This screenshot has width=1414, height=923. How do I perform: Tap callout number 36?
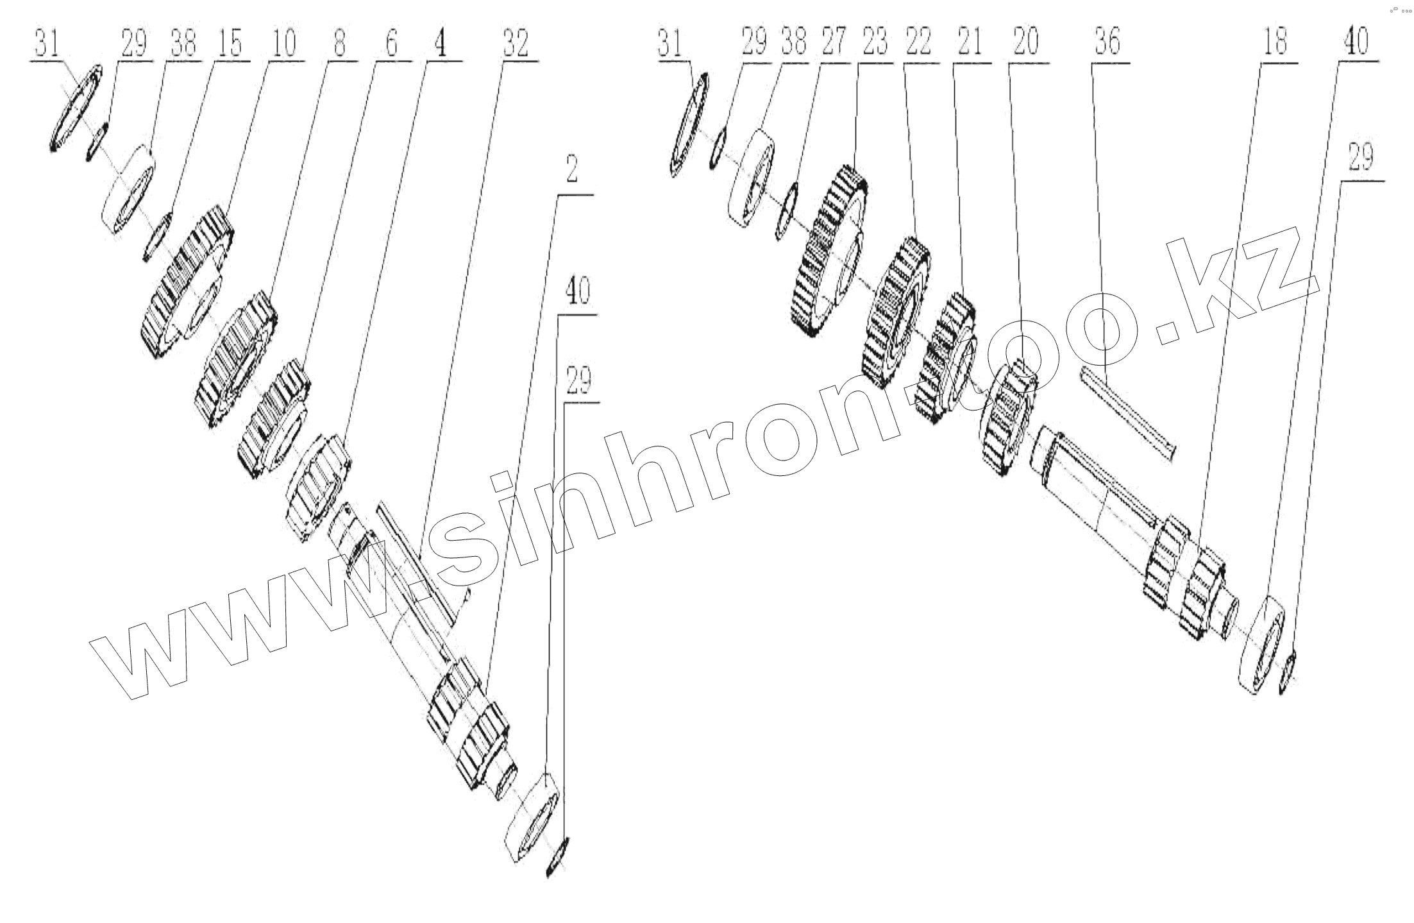[1107, 44]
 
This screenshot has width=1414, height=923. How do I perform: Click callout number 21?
[970, 44]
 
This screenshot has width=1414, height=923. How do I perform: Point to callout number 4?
[442, 44]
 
